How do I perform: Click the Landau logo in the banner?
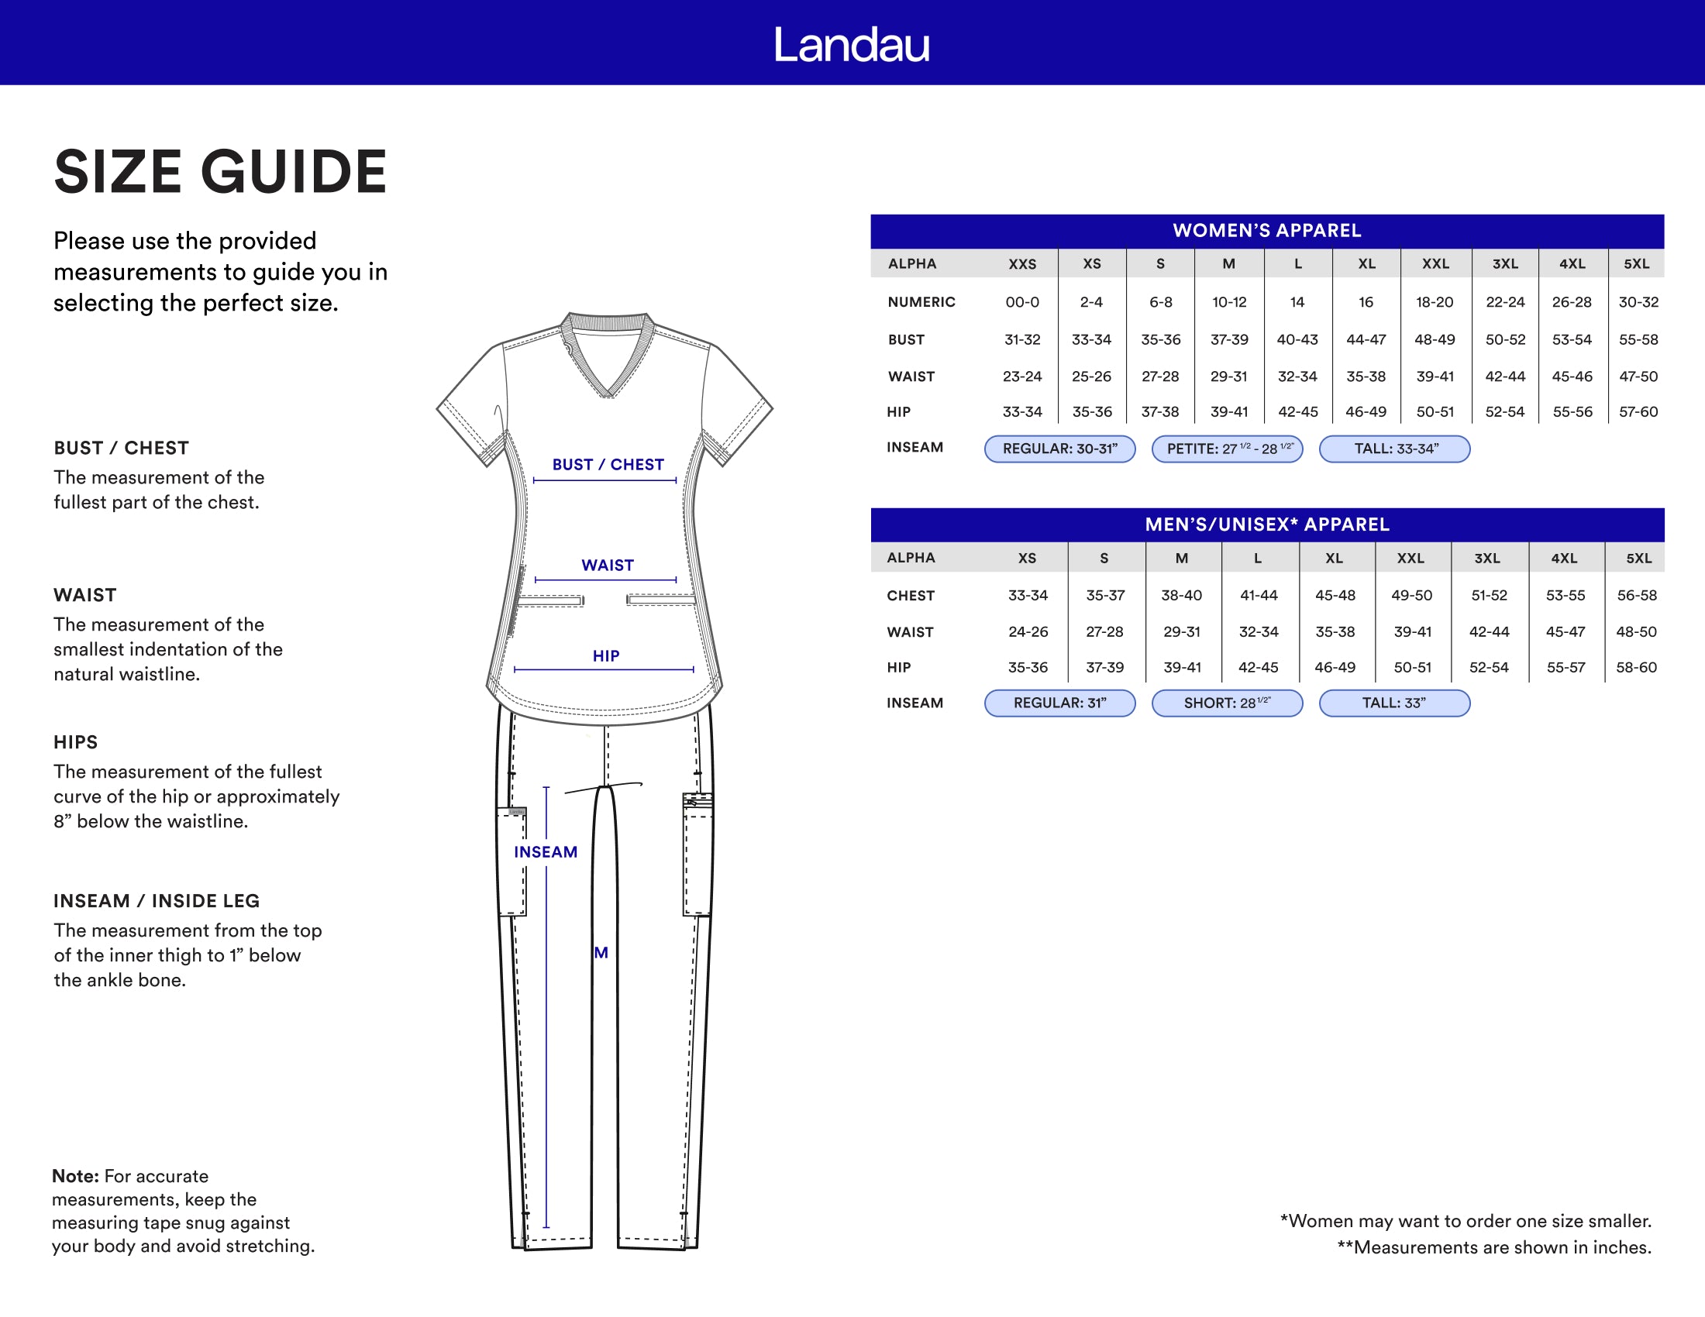[x=852, y=44]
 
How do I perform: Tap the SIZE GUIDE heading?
[x=220, y=172]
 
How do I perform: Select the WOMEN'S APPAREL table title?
[x=1266, y=230]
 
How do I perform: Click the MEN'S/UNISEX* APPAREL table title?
[x=1266, y=524]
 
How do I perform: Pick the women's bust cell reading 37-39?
[x=1229, y=339]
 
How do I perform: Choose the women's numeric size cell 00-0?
[x=1022, y=302]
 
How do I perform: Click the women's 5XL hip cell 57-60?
[x=1638, y=411]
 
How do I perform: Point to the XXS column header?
[x=1022, y=263]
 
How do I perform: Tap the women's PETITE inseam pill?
[x=1227, y=449]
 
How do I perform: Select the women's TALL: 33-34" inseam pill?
[x=1394, y=449]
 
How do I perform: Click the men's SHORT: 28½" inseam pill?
[x=1227, y=703]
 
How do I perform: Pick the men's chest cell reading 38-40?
[x=1181, y=595]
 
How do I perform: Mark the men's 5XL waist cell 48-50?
[x=1635, y=631]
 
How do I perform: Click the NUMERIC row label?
[x=921, y=302]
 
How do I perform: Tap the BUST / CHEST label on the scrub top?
[x=608, y=464]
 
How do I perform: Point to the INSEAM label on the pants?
[x=545, y=852]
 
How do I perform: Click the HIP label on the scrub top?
[x=606, y=656]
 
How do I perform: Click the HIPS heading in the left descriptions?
[x=76, y=742]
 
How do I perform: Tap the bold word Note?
[x=75, y=1176]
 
